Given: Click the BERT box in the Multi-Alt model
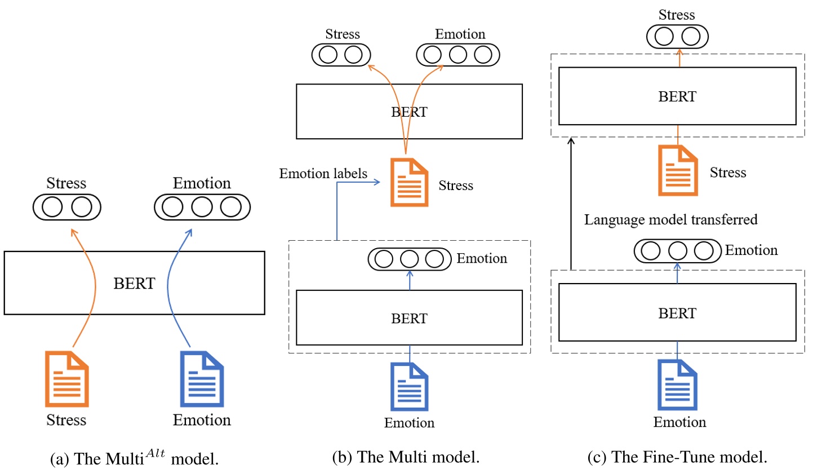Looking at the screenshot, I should [134, 282].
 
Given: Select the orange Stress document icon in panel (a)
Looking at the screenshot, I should [67, 379].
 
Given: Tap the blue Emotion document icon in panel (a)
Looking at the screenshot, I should [201, 379].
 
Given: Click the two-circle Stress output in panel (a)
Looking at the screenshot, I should [66, 207].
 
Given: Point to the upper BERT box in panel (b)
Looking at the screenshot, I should [409, 111].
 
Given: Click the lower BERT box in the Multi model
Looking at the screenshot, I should [409, 317].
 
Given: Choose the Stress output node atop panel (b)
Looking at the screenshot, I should [341, 55].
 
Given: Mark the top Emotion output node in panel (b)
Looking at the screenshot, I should [457, 55].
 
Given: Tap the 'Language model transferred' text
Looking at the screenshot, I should [670, 220].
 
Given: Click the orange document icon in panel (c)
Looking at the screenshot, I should [678, 170].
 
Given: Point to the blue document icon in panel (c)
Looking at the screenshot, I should [678, 385].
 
